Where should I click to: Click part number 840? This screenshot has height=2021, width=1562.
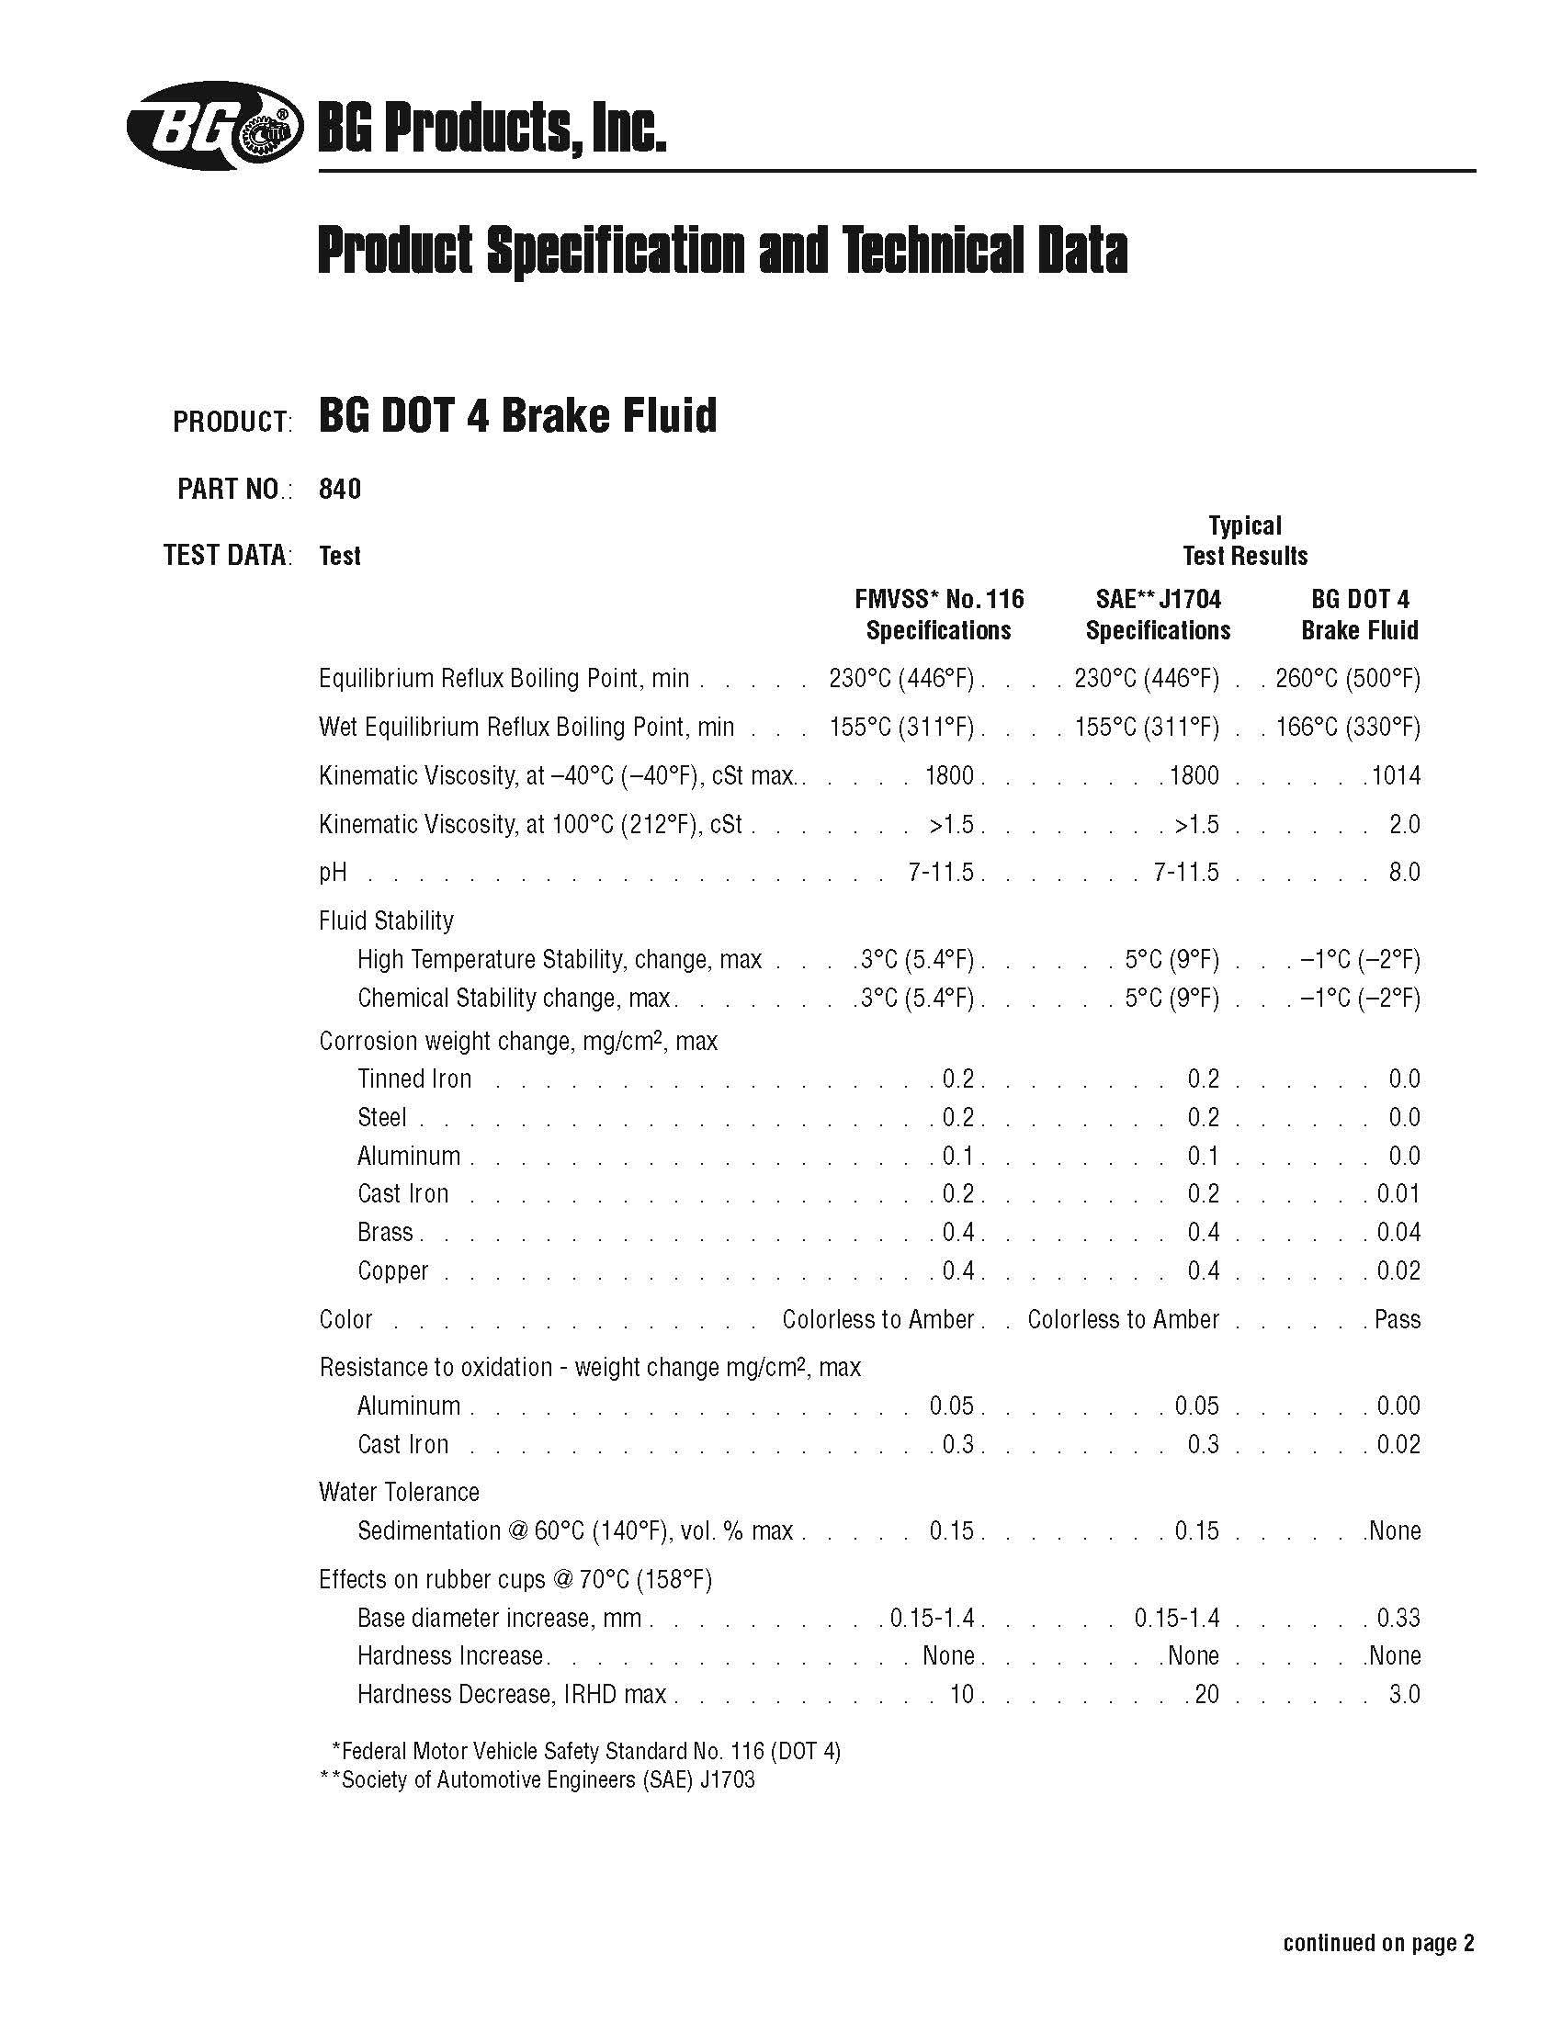tap(340, 489)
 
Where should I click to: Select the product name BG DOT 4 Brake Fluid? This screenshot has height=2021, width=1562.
tap(517, 415)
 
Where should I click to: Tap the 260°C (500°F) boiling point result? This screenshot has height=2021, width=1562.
tap(1347, 678)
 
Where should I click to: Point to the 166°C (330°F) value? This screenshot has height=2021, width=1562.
tap(1347, 727)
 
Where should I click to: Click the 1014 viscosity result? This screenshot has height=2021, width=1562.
tap(1397, 775)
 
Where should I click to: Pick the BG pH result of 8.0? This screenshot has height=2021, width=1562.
tap(1404, 872)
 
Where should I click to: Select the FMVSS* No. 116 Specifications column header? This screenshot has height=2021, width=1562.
tap(938, 615)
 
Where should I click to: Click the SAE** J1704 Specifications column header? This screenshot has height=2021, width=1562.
tap(1158, 615)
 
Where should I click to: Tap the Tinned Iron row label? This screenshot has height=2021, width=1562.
tap(414, 1079)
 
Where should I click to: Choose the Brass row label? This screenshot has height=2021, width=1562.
tap(385, 1233)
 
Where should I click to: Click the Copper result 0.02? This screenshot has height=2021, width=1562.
tap(1398, 1271)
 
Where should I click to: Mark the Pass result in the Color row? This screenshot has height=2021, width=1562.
tap(1398, 1319)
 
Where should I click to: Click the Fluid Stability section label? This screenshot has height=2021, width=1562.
tap(386, 920)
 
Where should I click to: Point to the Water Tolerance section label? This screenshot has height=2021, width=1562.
tap(399, 1492)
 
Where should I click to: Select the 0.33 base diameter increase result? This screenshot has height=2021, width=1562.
tap(1398, 1618)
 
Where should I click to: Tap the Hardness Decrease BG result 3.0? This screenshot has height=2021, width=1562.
tap(1404, 1694)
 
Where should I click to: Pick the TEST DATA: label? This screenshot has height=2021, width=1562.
tap(228, 555)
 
